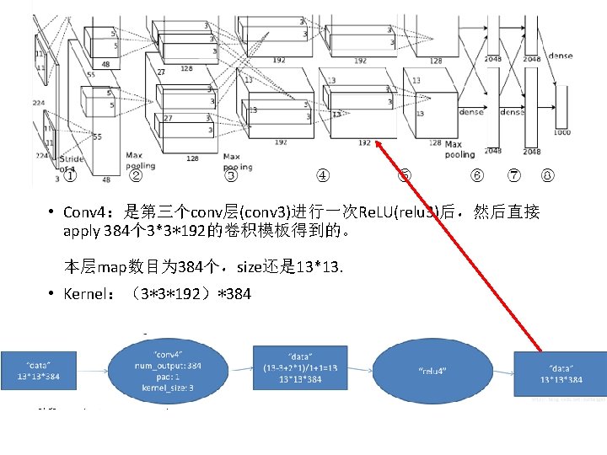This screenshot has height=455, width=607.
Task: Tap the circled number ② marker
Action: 135,176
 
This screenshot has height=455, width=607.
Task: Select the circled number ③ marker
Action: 229,176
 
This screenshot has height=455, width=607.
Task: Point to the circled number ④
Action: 322,176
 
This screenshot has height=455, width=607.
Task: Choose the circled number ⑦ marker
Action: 513,176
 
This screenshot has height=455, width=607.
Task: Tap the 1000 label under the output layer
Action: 561,132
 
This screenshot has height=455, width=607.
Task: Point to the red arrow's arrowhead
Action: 379,144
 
